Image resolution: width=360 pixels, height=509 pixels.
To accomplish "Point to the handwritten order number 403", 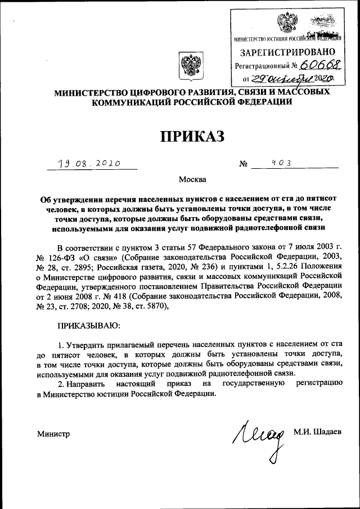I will (276, 162).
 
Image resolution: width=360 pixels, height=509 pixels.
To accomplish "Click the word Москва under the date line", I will (192, 180).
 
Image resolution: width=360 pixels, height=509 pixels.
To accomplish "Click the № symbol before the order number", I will (244, 164).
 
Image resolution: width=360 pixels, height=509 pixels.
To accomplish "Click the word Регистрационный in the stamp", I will (261, 66).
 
